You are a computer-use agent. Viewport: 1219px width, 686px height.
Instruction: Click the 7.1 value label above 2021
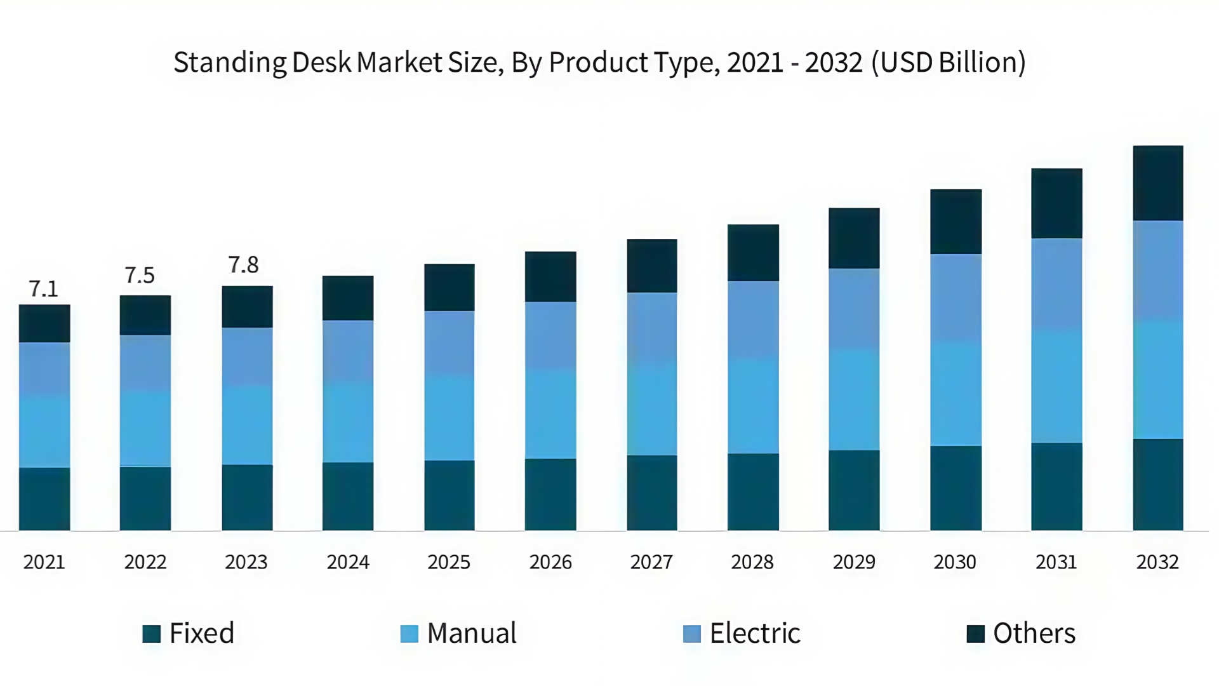pos(44,289)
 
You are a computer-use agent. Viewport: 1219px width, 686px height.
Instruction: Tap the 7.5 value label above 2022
pos(140,275)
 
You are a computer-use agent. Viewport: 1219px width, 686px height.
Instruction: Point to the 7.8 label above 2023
pos(243,265)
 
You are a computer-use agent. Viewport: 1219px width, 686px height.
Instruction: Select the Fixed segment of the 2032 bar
pos(1157,484)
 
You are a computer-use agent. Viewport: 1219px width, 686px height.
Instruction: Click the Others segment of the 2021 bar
pos(44,323)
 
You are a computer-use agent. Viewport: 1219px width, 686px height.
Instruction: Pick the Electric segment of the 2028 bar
pos(753,319)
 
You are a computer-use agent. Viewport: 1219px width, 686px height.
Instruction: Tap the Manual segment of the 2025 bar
pos(449,417)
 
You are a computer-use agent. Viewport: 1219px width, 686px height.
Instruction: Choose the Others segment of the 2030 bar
pos(956,222)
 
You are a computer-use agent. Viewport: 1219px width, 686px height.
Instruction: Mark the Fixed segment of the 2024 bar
pos(348,496)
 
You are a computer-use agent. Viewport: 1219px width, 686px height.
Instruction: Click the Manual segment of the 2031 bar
pos(1056,386)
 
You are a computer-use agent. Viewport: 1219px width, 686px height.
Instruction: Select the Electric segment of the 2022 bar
pos(145,363)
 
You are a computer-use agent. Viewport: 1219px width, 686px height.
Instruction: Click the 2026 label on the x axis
pos(550,562)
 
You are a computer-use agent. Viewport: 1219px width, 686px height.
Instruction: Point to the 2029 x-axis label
pos(854,562)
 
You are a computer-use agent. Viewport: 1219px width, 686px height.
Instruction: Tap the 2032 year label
pos(1157,562)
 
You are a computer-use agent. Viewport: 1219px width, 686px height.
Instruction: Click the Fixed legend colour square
pos(152,633)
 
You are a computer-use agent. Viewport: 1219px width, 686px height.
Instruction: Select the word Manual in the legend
pos(472,633)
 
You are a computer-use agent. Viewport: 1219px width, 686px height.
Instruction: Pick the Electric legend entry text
pos(755,633)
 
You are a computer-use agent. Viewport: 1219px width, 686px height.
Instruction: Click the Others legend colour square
pos(975,633)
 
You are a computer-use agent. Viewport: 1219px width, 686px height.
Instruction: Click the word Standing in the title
pos(230,63)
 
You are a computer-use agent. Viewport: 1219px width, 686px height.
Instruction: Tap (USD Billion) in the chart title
pos(949,63)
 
